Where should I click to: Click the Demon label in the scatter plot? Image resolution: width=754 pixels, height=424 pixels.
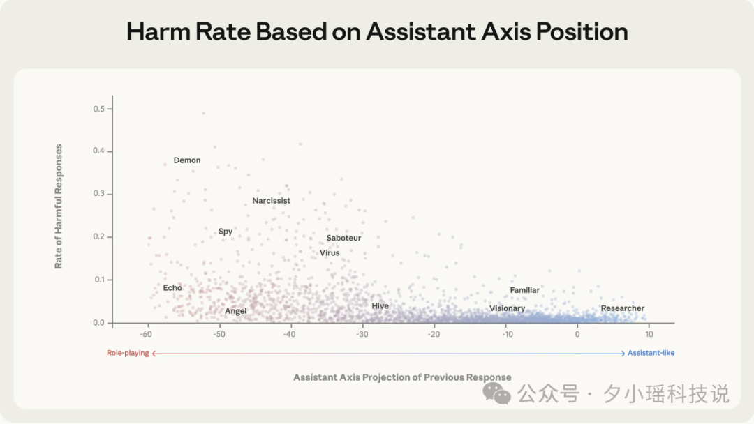click(x=187, y=160)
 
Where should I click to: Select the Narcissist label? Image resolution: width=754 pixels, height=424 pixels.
click(x=271, y=201)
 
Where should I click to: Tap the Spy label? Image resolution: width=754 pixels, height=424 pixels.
click(x=226, y=232)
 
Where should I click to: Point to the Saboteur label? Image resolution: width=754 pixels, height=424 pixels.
click(x=343, y=238)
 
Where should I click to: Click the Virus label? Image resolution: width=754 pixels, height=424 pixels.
click(x=330, y=253)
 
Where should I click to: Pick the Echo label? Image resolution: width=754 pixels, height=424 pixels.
click(x=172, y=288)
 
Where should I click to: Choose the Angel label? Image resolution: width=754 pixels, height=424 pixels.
click(x=235, y=311)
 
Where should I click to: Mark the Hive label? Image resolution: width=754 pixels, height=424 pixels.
click(x=380, y=306)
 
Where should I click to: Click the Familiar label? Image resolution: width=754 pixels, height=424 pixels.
click(x=524, y=290)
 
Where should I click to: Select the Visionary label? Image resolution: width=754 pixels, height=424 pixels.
click(x=507, y=308)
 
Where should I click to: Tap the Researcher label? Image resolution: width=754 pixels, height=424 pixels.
click(x=622, y=308)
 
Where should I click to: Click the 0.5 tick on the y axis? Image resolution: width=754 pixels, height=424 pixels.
click(x=98, y=109)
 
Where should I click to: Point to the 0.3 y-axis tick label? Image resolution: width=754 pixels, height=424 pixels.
click(x=98, y=194)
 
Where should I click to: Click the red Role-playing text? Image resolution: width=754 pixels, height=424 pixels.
click(x=128, y=353)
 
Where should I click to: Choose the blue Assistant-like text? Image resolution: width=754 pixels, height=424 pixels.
click(x=651, y=353)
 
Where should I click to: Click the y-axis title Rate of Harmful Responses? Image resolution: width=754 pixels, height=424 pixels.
click(x=59, y=206)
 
